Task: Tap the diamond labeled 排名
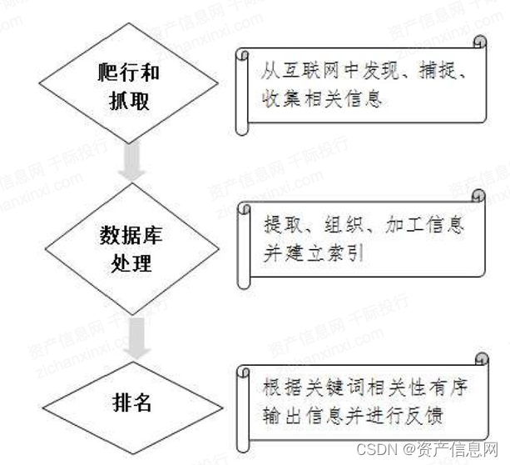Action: click(132, 405)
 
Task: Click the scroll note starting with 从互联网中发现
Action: click(361, 86)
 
